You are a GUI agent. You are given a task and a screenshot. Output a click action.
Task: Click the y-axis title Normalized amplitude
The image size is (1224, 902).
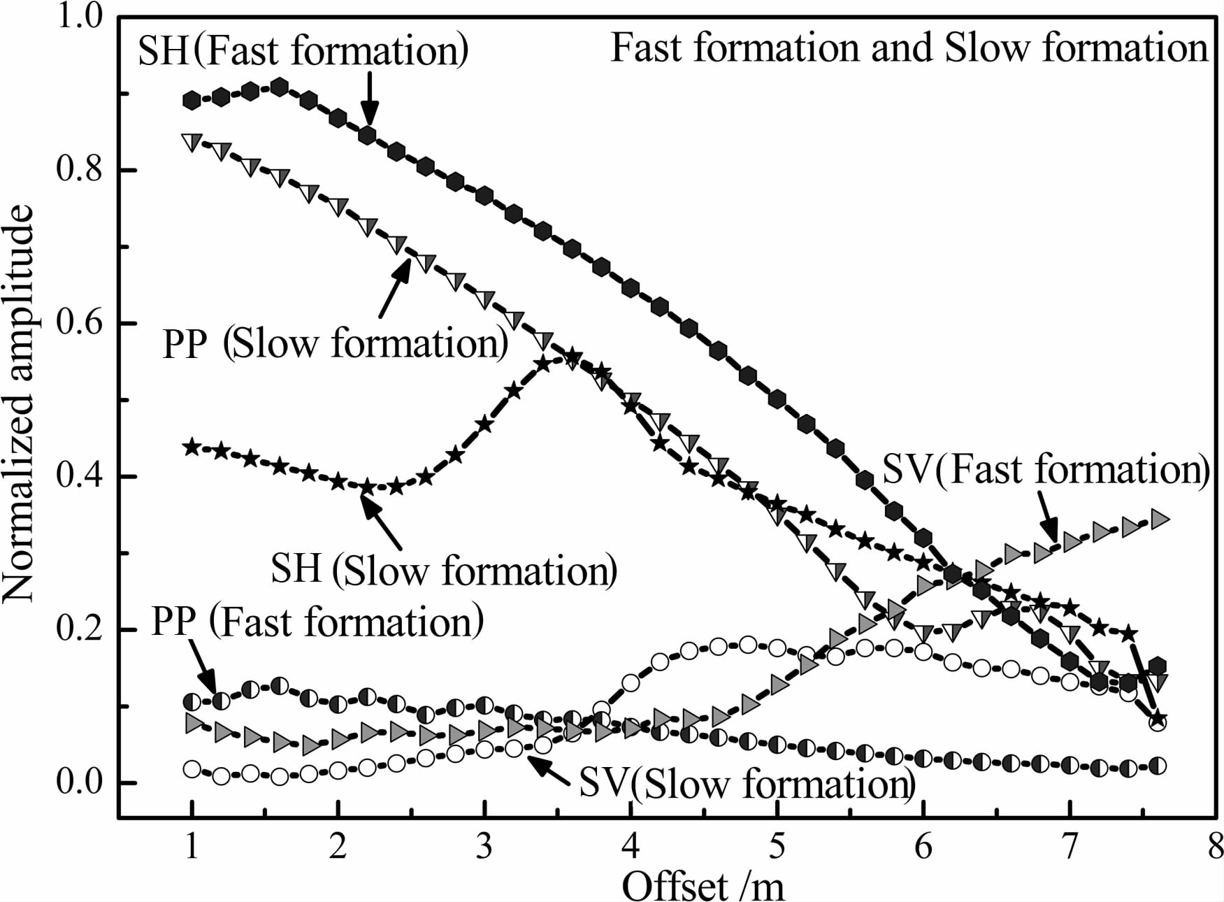tap(20, 404)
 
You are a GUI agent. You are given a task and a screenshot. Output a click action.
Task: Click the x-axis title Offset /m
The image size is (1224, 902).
tap(703, 885)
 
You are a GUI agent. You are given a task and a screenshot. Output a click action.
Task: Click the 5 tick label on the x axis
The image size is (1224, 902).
tap(777, 847)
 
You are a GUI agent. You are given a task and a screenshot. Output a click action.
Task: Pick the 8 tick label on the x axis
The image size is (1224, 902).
tap(1215, 847)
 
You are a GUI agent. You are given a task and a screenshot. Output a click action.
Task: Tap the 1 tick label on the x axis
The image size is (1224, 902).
tap(192, 847)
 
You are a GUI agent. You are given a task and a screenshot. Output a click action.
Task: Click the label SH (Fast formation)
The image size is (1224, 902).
tap(303, 51)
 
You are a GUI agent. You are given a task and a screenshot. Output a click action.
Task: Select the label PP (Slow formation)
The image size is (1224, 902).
tap(335, 344)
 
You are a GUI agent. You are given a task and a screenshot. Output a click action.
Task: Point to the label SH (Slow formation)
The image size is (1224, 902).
tap(444, 571)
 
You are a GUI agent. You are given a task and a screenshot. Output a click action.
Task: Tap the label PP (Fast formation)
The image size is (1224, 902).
tap(317, 622)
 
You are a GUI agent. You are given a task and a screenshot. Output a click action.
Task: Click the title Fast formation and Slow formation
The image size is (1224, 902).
tap(909, 48)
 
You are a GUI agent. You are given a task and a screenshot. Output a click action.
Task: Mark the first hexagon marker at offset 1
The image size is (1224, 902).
tap(192, 101)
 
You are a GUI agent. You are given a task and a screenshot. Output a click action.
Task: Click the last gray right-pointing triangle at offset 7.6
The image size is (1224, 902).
tap(1158, 520)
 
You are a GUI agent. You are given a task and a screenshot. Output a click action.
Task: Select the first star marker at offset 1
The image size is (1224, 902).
tap(192, 448)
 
